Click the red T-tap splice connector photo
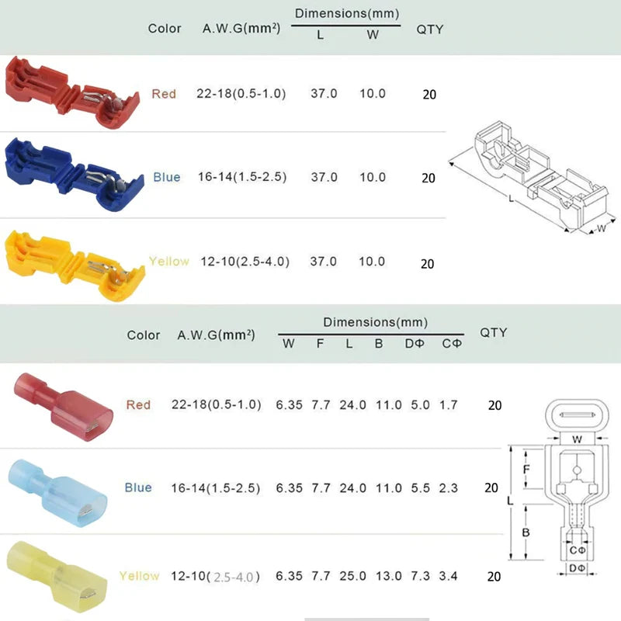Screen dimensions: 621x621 pos(71,93)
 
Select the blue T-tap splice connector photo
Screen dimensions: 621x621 pos(73,174)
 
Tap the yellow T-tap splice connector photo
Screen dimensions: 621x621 pos(75,265)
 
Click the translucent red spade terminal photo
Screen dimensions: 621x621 pos(64,406)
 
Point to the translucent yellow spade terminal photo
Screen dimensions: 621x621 pos(57,578)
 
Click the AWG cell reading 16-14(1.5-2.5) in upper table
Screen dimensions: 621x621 pos(242,177)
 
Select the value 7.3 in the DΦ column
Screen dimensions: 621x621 pos(420,576)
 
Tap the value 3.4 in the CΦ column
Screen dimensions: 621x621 pos(448,576)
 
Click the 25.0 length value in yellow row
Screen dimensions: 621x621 pos(352,576)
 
